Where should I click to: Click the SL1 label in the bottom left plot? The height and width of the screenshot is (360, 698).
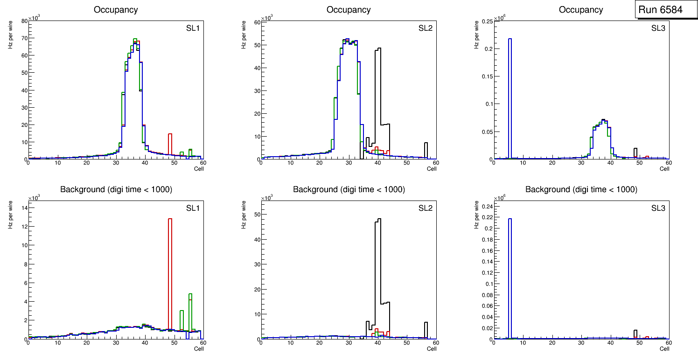click(x=193, y=208)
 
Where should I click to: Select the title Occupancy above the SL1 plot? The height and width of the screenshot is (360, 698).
click(x=116, y=9)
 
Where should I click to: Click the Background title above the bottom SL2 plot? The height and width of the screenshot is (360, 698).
click(x=349, y=189)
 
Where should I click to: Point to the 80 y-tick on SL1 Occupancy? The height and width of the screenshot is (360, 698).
click(x=24, y=21)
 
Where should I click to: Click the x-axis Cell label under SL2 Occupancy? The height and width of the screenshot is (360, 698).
click(x=432, y=169)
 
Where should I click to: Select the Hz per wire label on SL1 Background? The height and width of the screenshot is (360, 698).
click(x=10, y=215)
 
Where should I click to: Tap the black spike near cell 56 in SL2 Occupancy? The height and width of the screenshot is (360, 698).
click(x=426, y=150)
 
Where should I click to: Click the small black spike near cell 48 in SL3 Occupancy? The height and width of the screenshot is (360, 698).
click(x=635, y=153)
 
